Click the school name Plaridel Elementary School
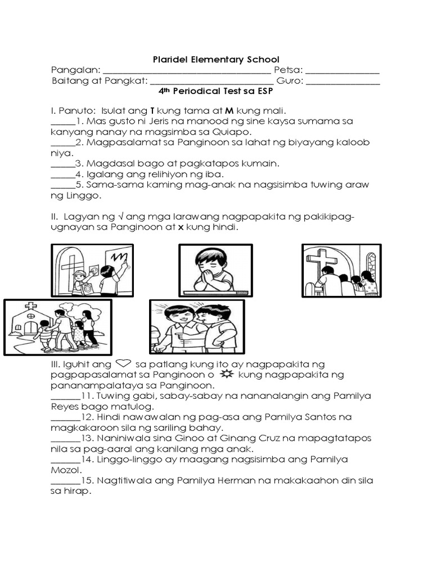216,60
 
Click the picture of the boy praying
215,271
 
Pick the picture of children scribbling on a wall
92,271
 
